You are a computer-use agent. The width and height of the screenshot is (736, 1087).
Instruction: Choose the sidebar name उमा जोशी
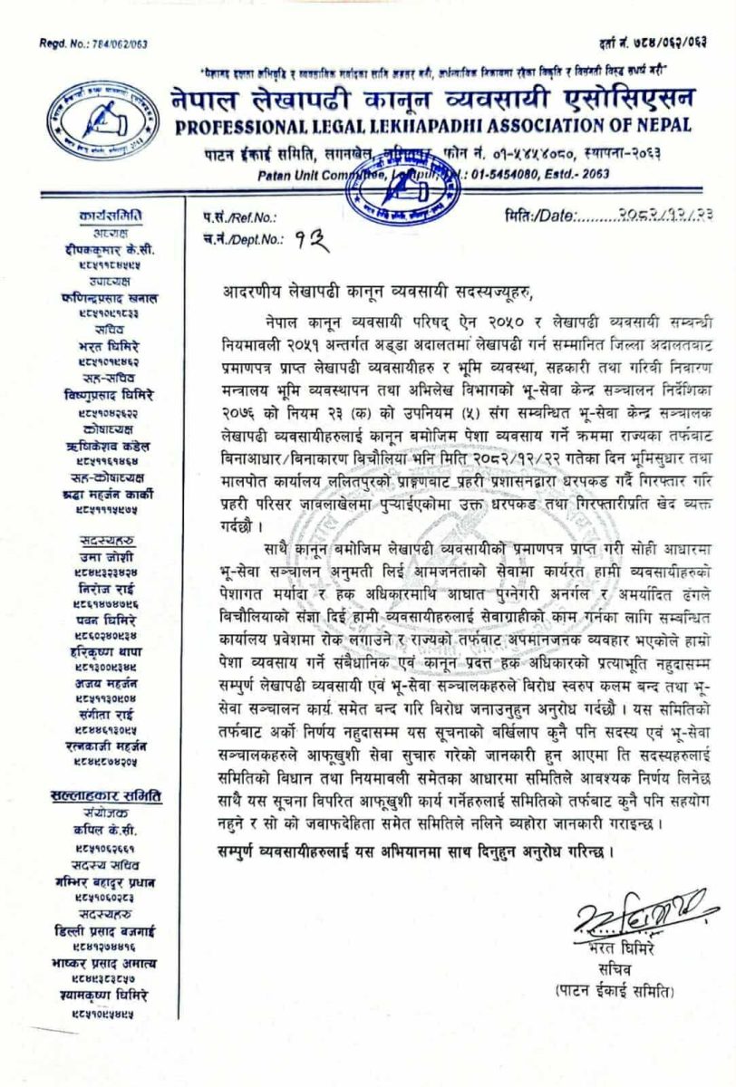coord(107,555)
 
